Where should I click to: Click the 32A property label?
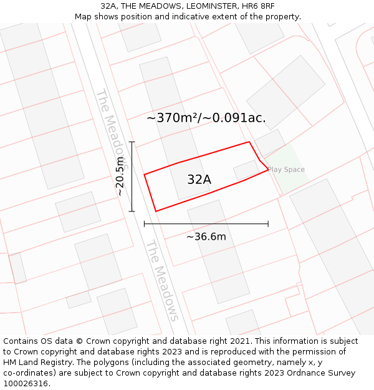199,180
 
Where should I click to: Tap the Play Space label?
286,170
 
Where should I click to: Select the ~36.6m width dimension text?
206,236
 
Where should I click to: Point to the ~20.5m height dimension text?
120,177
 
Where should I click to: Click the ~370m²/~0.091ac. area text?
206,117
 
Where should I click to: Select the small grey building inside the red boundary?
246,170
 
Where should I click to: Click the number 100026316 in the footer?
27,384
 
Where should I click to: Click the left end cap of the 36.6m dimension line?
144,223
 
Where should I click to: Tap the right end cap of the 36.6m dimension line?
268,223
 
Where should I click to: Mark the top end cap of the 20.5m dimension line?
132,142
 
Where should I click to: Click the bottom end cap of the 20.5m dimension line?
132,212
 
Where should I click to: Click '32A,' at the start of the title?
109,6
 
